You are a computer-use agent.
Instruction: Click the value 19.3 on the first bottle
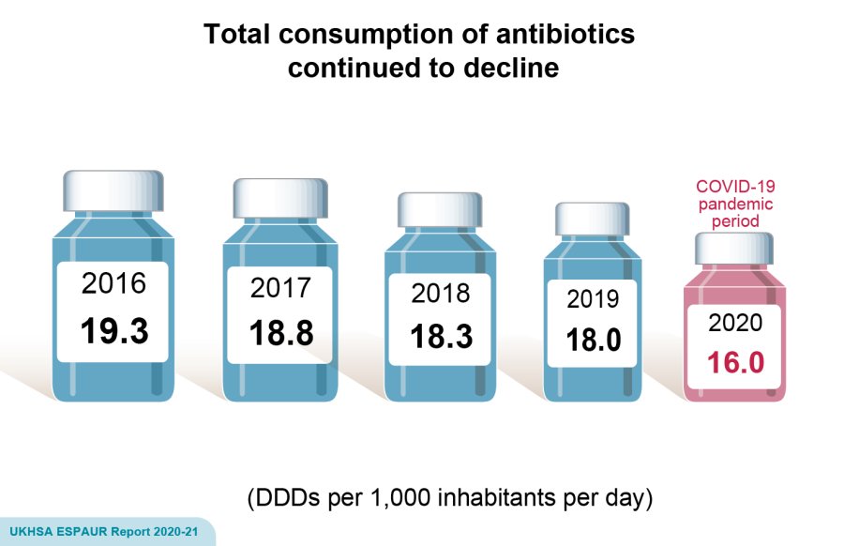click(114, 330)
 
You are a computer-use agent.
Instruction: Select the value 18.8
click(280, 333)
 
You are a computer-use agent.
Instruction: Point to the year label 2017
click(280, 289)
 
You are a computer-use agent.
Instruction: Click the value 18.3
click(441, 336)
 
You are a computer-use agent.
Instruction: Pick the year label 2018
click(441, 294)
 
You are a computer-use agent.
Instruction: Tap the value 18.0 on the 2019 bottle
click(594, 340)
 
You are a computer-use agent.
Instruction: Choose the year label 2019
click(594, 299)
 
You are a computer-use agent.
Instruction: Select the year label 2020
click(736, 324)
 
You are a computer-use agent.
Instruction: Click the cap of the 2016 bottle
click(113, 190)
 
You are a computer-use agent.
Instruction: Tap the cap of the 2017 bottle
click(280, 198)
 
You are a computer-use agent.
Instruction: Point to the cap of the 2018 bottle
click(440, 209)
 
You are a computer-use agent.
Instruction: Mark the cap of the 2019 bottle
click(593, 219)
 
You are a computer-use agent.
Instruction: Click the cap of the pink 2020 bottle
click(735, 249)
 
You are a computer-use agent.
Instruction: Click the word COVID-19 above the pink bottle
click(735, 187)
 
